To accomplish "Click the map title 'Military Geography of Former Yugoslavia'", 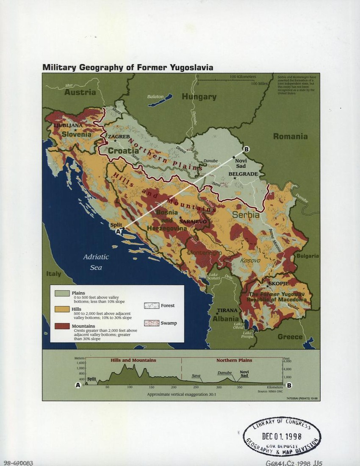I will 127,67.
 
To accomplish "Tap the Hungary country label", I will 199,97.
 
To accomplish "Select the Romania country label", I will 290,136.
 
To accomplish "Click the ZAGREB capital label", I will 118,136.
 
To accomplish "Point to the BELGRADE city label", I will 243,174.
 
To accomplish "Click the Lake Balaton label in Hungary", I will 155,97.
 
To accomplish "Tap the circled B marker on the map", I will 246,149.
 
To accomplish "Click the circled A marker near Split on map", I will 118,231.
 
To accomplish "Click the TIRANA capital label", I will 227,310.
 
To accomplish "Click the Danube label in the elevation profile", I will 224,373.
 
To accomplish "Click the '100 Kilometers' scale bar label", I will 243,77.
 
